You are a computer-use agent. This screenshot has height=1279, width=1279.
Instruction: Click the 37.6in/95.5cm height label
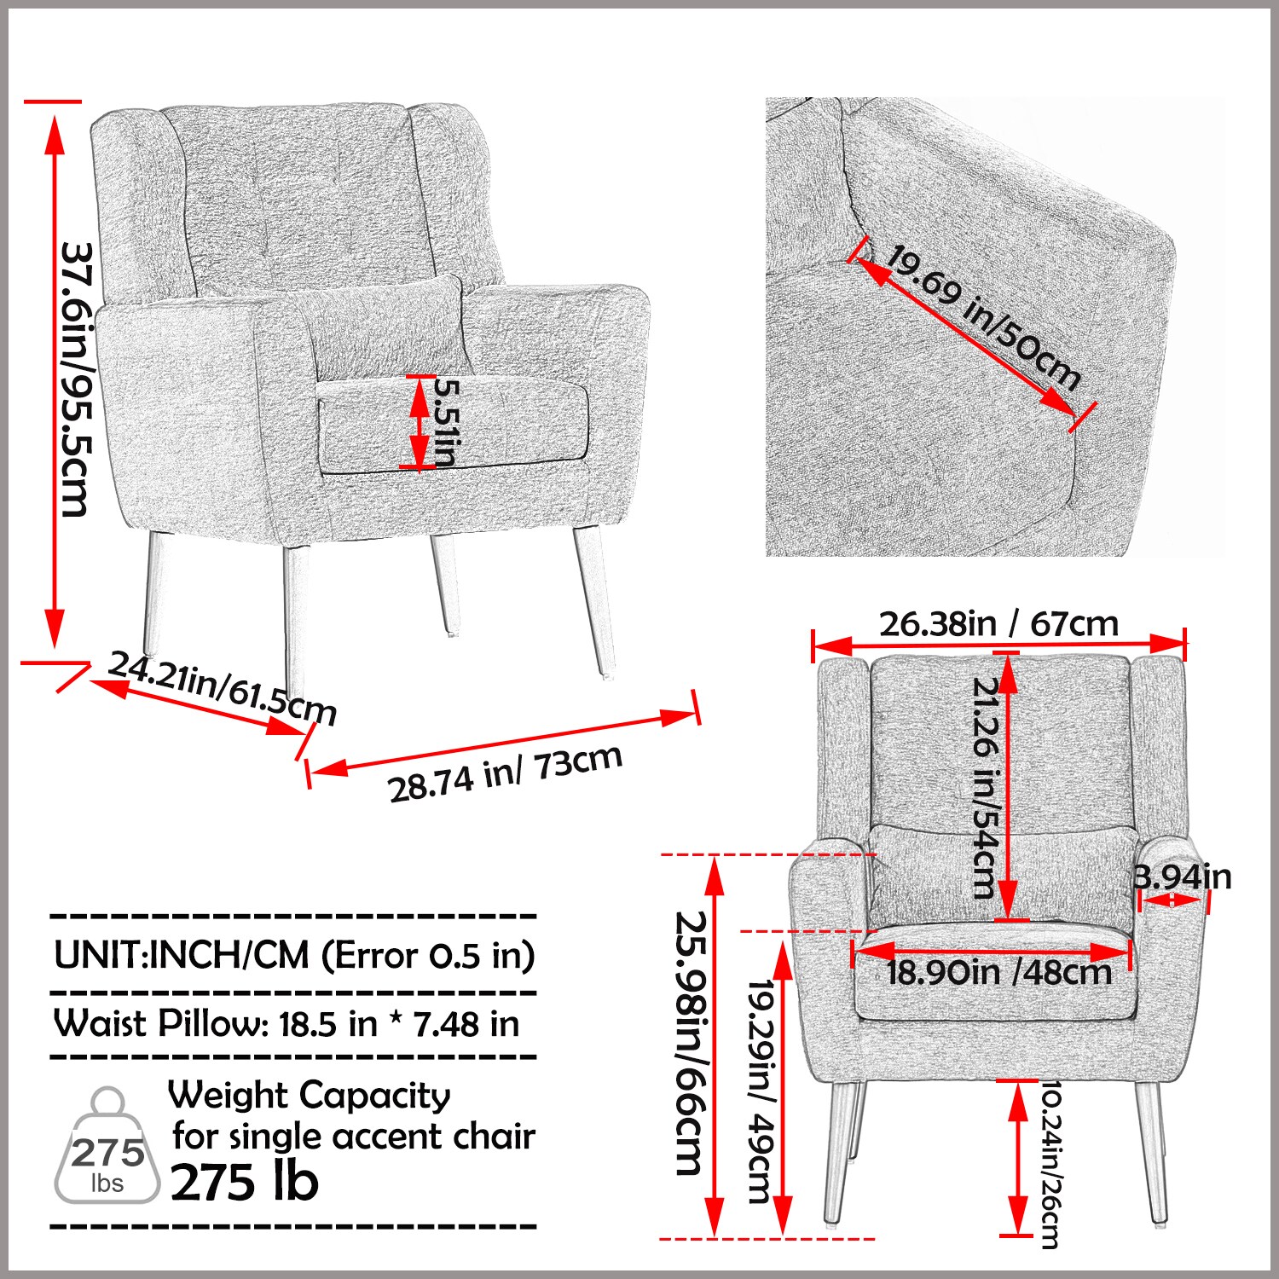[77, 379]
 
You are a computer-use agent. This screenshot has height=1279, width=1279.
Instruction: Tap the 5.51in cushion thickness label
[446, 422]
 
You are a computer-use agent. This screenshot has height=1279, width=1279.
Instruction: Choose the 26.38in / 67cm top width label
[998, 624]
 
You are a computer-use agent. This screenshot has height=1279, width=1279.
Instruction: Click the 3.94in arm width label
[1184, 877]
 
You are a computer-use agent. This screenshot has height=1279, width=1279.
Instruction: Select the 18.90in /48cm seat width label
[998, 972]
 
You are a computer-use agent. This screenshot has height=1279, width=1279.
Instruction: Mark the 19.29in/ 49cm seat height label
[759, 1091]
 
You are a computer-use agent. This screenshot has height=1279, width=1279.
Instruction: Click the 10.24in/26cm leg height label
[1050, 1165]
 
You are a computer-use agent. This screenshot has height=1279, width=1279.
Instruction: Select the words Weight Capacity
[309, 1095]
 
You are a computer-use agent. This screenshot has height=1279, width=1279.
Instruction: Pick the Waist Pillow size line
[286, 1023]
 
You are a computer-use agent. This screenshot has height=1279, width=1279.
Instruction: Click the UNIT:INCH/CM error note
[294, 955]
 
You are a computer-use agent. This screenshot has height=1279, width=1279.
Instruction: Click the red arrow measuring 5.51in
[419, 422]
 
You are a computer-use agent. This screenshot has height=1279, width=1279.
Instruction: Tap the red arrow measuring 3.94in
[1175, 900]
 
